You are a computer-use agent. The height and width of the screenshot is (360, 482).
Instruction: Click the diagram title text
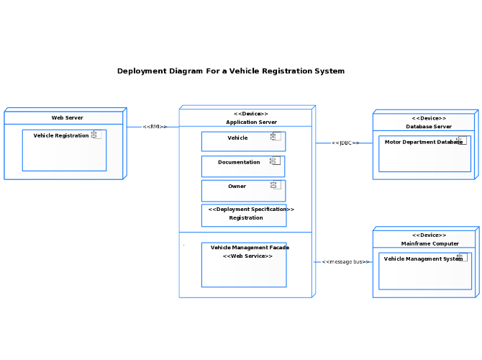[231, 71]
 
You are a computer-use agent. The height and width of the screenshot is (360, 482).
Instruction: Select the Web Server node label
[68, 117]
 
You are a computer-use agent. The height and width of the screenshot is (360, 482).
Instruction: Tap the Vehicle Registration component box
[64, 150]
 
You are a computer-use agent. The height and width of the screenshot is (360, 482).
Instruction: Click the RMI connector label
[155, 127]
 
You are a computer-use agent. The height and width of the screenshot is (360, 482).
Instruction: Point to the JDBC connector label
[345, 143]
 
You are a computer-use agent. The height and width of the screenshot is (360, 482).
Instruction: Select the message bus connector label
[345, 262]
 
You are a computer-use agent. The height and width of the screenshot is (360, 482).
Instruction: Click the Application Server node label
[252, 122]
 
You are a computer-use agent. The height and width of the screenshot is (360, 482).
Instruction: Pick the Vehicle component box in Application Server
[243, 142]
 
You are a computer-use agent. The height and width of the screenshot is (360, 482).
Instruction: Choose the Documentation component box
[243, 166]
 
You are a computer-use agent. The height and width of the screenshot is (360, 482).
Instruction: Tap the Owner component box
[243, 191]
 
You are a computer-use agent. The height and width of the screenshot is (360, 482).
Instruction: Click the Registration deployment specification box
[244, 215]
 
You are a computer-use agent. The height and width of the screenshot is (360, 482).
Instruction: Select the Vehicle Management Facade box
[244, 265]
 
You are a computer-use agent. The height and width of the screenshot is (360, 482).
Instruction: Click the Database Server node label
[429, 127]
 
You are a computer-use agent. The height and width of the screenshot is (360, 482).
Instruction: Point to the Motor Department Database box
[425, 154]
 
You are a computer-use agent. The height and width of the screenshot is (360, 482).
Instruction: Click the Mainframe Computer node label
[430, 243]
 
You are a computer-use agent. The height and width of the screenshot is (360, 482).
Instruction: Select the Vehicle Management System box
[425, 271]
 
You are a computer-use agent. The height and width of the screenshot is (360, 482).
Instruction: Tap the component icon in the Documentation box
[275, 161]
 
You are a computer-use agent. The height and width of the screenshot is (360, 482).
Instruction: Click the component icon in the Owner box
[276, 184]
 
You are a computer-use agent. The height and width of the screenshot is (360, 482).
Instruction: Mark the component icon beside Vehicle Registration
[96, 135]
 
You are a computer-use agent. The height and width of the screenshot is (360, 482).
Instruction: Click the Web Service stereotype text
[247, 256]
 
